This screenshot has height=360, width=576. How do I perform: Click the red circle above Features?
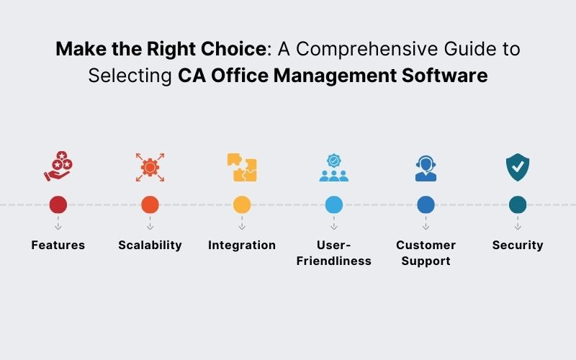[x=58, y=204]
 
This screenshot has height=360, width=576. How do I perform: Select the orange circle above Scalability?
[x=150, y=204]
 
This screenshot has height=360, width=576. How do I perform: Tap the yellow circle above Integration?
[x=242, y=204]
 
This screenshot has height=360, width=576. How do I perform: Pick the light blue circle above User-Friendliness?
[x=334, y=204]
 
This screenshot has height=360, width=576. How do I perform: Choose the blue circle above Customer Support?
[x=426, y=204]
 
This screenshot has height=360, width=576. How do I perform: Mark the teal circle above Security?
[x=518, y=204]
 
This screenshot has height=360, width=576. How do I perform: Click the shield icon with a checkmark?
[x=518, y=167]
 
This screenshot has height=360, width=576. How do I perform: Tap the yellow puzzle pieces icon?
[x=242, y=167]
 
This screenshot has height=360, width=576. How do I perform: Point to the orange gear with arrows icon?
[x=150, y=167]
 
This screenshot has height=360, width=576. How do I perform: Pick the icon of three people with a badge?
[x=334, y=168]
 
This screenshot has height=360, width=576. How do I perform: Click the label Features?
[x=58, y=245]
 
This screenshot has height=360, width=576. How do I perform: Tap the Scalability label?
[x=150, y=245]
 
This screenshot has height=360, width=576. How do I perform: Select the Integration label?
[x=242, y=245]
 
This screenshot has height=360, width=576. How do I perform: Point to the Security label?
[x=518, y=245]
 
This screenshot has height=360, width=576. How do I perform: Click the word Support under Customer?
[x=426, y=261]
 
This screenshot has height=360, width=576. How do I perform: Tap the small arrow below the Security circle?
[x=518, y=225]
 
